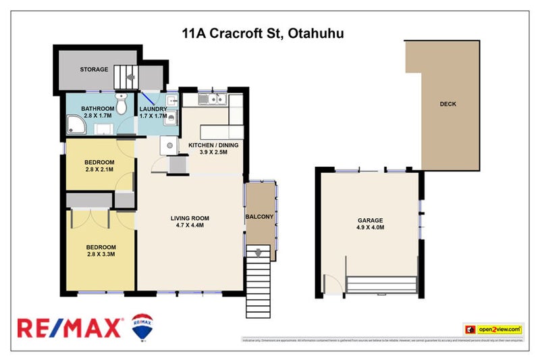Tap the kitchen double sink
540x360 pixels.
point(215,101)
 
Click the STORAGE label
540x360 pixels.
point(94,69)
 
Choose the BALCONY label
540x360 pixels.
point(260,216)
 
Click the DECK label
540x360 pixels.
point(448,104)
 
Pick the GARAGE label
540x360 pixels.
point(370,220)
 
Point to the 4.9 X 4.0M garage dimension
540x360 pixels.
point(370,228)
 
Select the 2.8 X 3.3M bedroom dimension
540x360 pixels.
point(101,255)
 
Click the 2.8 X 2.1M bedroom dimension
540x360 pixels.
point(99,170)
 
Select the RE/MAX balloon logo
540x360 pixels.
point(142,326)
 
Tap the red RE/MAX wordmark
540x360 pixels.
point(70,328)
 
